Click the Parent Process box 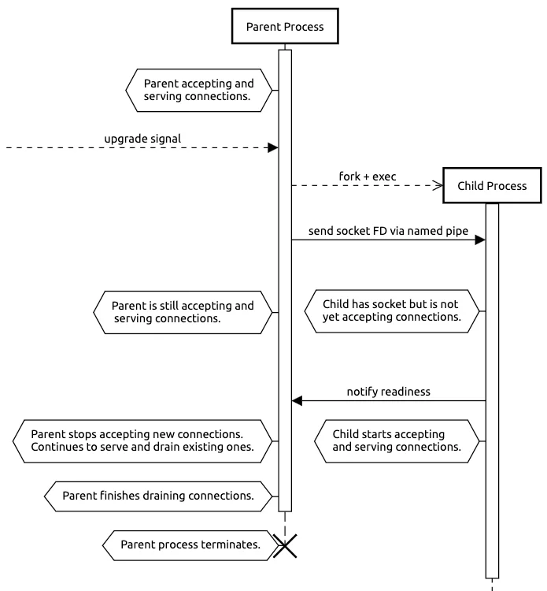[284, 27]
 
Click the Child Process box [492, 186]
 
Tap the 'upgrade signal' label [142, 139]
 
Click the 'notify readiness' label [388, 392]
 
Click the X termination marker [285, 545]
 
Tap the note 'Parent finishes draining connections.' [157, 496]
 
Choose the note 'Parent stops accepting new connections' [142, 440]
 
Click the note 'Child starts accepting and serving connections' [396, 440]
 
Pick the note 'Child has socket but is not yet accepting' [391, 311]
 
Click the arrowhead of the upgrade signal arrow [273, 147]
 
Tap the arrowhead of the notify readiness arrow [298, 401]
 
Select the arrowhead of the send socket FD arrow [479, 240]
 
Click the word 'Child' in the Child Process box [472, 186]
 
